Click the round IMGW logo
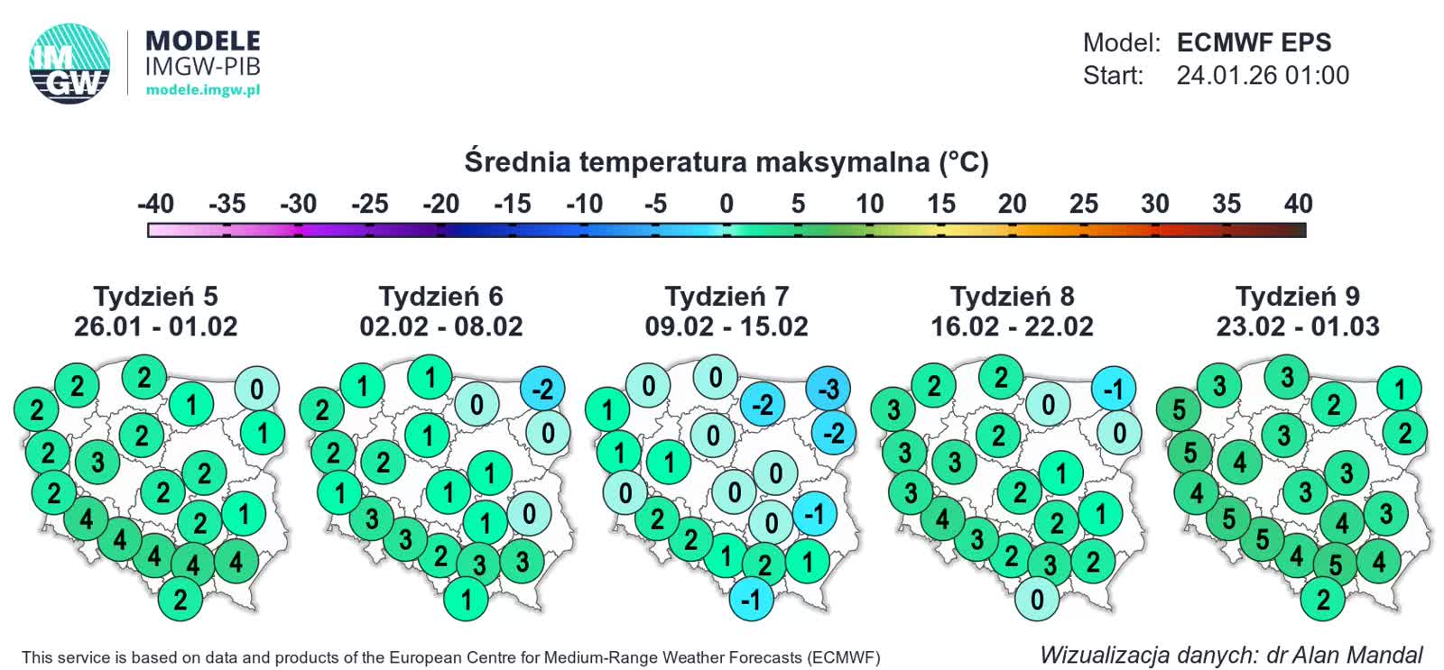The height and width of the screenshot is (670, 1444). [69, 62]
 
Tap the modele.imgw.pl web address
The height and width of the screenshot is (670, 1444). [203, 89]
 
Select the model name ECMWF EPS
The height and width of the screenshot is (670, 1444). [1254, 42]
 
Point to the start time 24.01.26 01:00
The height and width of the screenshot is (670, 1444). [1262, 75]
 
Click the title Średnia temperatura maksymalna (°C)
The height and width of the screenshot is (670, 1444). [727, 161]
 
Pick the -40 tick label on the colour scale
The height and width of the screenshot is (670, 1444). [155, 204]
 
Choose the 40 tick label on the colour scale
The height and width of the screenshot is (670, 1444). [1298, 204]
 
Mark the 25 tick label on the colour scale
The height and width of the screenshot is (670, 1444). [1083, 204]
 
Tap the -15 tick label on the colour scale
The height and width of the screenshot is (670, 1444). [513, 204]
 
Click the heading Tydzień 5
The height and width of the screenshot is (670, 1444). [155, 296]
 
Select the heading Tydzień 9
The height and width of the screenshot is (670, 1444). [1297, 296]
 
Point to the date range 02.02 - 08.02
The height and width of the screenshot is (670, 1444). [441, 326]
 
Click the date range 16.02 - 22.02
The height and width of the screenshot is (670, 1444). [1012, 326]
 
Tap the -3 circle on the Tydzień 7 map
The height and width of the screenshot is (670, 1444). [828, 389]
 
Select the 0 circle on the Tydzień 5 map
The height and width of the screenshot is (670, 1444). [257, 390]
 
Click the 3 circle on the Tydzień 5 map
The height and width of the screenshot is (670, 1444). [97, 462]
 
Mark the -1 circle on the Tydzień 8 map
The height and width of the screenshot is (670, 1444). [1114, 389]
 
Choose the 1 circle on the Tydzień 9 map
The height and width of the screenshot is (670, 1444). [1399, 389]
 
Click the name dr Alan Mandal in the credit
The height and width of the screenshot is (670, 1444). [1344, 655]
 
